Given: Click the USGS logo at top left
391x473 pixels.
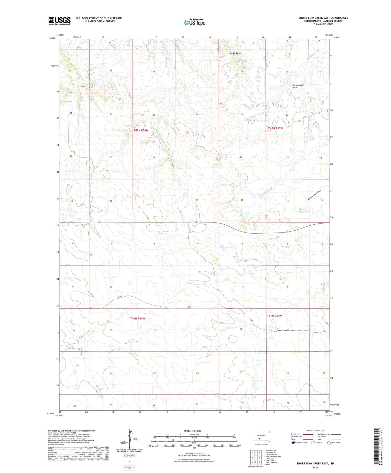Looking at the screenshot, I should pos(59,21).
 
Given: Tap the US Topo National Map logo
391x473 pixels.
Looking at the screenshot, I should pos(194,22).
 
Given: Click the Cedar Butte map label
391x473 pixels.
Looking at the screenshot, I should pos(236,53).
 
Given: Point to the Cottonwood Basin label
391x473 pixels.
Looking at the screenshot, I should pos(298,86).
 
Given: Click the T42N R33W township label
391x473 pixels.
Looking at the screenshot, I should pos(276,128).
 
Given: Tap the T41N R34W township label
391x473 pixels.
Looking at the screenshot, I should pos(137,319).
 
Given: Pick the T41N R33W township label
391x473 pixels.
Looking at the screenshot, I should pos(274,316).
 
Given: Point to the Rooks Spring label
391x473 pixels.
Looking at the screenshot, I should pos(66,102).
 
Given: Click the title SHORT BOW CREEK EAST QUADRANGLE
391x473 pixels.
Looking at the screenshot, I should pos(323,18).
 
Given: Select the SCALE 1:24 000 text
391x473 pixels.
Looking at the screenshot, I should pos(192,431).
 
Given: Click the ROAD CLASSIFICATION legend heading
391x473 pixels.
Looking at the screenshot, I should pos(315,430).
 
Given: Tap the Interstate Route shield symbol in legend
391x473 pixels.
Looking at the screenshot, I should pos(293,443).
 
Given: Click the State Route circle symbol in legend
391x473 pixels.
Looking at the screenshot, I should pos(329,443).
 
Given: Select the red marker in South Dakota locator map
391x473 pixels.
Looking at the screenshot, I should pos(259,439).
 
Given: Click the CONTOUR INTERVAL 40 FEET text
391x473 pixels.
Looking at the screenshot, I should pos(194,454).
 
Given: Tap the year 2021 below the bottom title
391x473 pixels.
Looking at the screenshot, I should pos(315,468).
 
